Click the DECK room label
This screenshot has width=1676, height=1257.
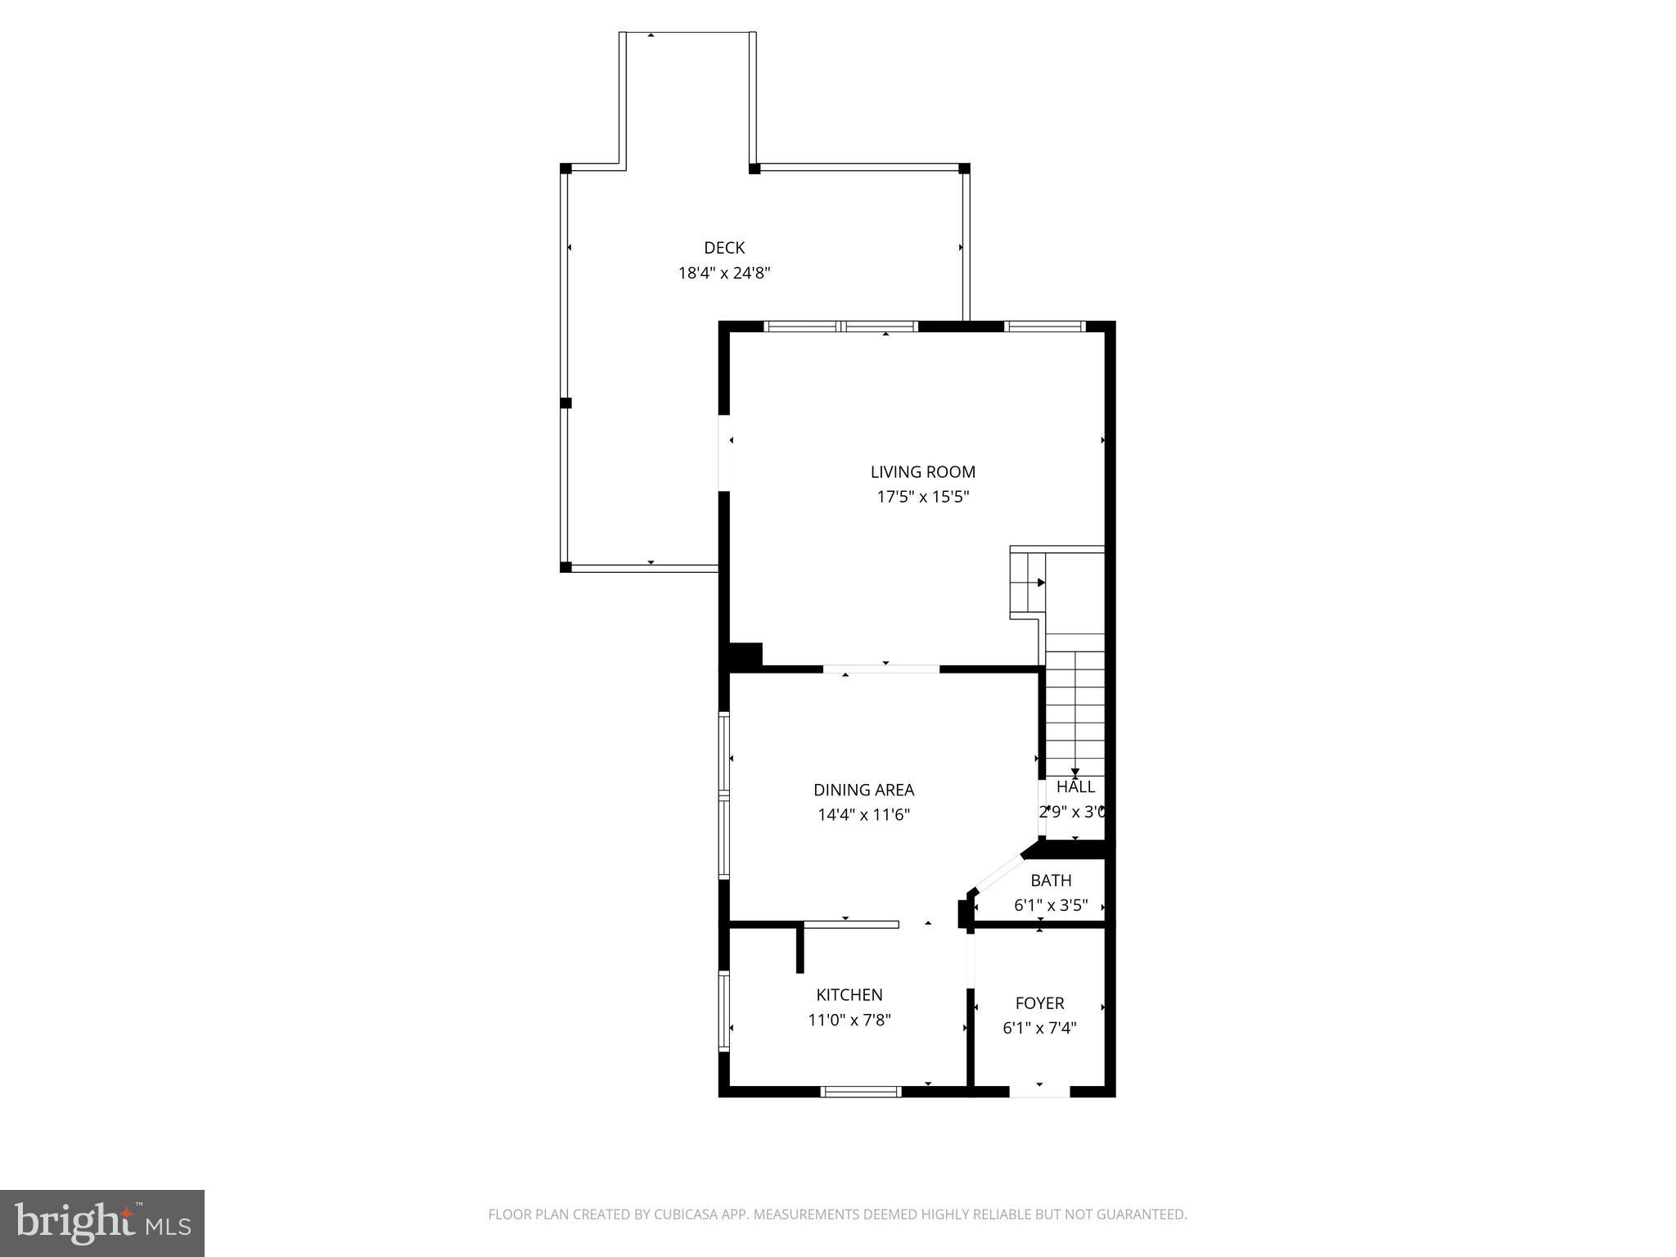point(724,248)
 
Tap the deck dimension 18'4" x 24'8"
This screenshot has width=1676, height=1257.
point(724,273)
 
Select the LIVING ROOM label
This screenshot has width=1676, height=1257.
point(922,472)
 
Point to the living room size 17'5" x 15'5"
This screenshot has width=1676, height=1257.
point(922,497)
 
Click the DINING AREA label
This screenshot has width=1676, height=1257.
point(863,791)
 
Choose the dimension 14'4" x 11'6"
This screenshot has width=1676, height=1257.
point(863,815)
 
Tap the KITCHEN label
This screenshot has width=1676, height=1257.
point(849,995)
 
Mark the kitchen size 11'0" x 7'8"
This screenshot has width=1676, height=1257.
point(849,1020)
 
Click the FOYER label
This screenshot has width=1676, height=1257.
point(1039,1003)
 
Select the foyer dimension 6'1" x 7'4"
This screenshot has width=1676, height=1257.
point(1039,1028)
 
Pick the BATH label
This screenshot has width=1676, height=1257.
point(1051,881)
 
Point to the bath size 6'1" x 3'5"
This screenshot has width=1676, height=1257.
point(1051,905)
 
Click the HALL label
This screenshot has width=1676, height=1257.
point(1075,787)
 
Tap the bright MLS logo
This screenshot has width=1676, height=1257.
point(102,1223)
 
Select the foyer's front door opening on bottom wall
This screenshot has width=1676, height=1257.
point(1039,1091)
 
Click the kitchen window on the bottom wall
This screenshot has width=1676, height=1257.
point(861,1091)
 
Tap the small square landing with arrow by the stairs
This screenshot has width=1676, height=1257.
point(1029,583)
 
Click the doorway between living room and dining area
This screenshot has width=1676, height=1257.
point(881,669)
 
